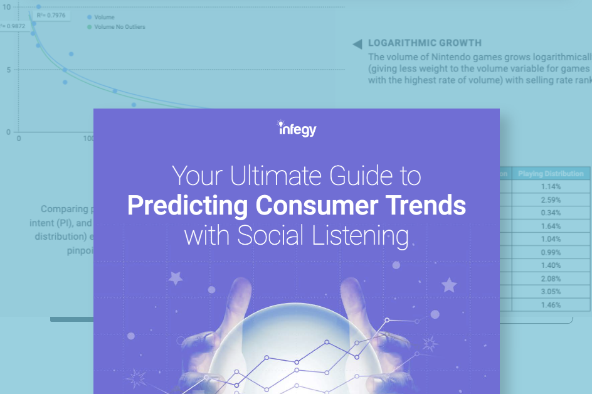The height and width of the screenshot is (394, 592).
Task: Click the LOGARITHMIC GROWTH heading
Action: (425, 43)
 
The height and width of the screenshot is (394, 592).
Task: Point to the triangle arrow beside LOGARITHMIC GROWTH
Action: (357, 44)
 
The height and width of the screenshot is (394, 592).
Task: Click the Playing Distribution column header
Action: (550, 174)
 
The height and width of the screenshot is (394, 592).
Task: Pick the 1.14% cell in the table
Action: (550, 187)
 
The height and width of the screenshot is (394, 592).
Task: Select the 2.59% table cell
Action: (550, 200)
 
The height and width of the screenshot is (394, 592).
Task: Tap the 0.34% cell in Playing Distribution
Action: (550, 212)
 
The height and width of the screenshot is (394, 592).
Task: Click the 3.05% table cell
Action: (550, 292)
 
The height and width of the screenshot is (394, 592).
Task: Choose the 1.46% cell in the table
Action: (550, 305)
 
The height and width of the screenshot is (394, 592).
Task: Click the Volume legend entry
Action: (104, 18)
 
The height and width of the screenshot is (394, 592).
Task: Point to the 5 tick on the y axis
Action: (8, 70)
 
